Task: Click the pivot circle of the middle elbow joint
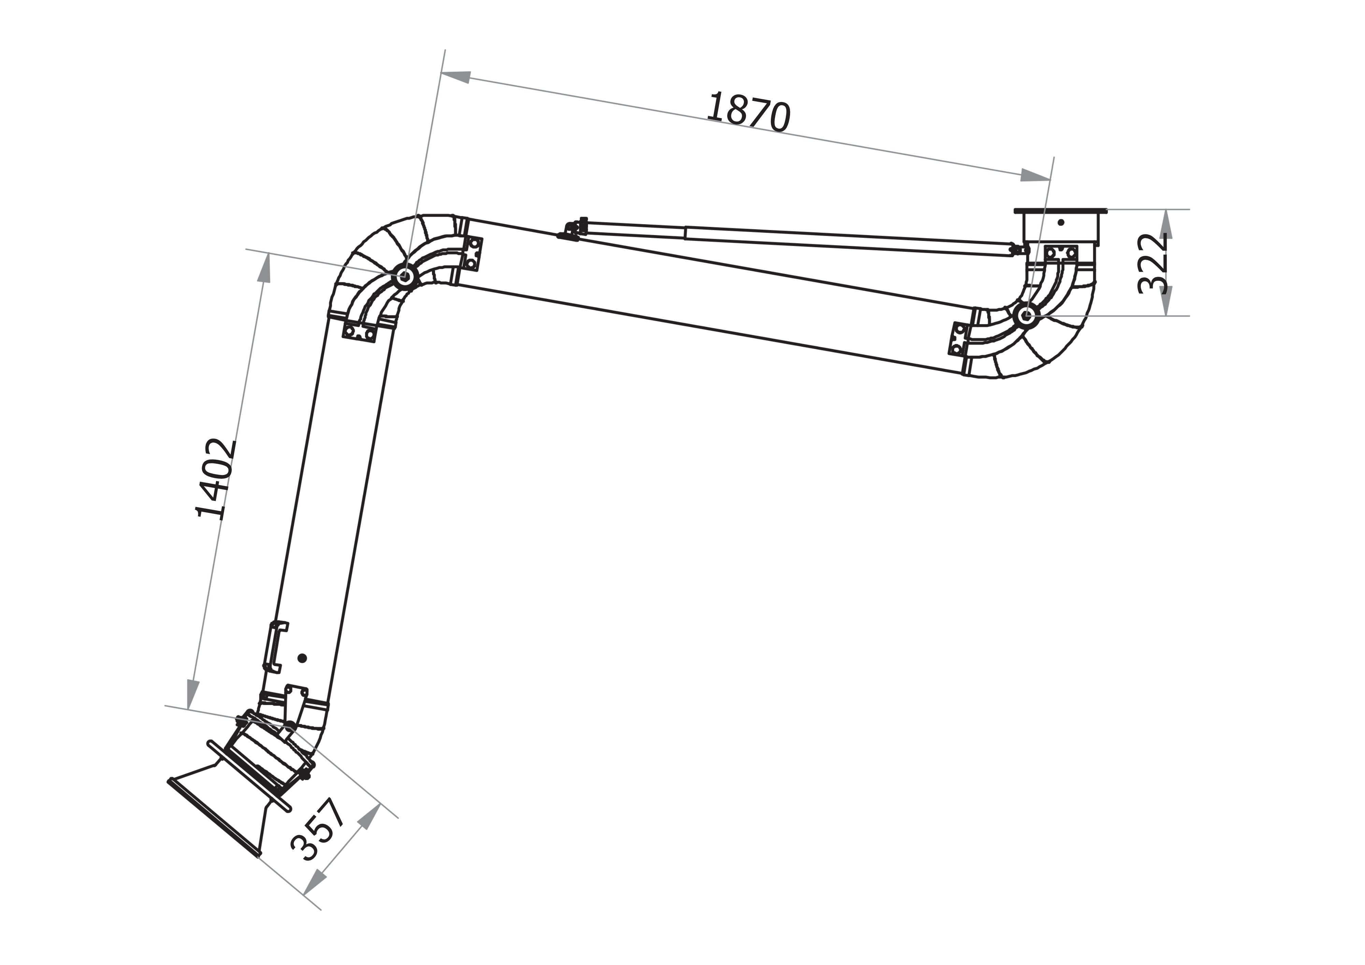point(405,276)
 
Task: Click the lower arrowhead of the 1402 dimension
point(192,693)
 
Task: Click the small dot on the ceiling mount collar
point(1061,222)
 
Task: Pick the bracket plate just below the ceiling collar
point(1061,253)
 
